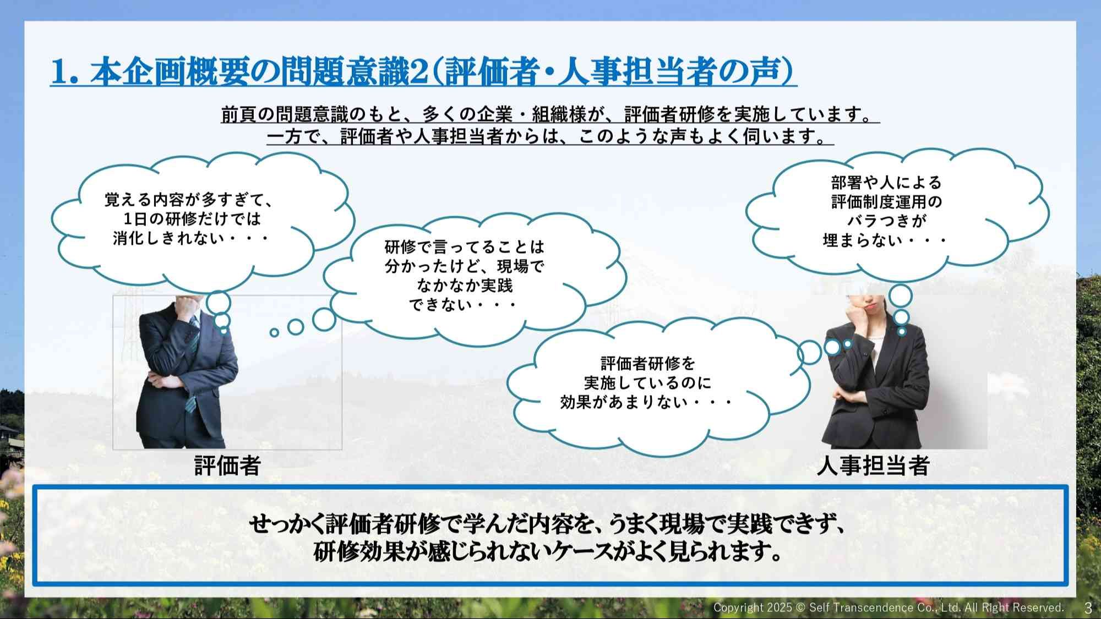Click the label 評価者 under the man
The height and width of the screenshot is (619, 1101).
point(227,465)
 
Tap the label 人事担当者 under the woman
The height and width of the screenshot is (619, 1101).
point(874,465)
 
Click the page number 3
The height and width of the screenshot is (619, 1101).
point(1088,608)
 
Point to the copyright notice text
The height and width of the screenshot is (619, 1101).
point(889,607)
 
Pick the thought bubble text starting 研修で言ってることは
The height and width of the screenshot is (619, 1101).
point(465,276)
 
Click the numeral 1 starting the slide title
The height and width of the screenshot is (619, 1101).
point(61,72)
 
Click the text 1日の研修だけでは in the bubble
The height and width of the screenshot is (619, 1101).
point(192,218)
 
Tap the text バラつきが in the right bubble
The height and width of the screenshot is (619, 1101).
point(886,221)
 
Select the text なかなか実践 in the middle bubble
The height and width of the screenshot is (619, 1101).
point(465,286)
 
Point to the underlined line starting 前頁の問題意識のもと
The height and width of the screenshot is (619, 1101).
point(550,114)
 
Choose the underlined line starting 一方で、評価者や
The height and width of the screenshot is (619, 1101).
point(550,136)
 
